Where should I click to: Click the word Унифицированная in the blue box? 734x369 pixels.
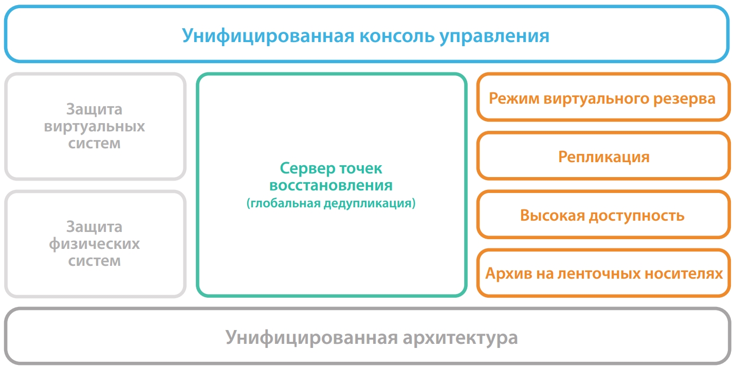268,35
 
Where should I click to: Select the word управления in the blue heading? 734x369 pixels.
494,36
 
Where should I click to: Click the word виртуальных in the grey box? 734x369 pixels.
95,127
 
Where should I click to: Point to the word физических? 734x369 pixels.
95,244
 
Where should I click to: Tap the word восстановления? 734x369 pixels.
331,185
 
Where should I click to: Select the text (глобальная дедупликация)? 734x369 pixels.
331,203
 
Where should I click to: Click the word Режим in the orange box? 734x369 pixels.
514,99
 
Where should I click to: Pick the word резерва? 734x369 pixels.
684,99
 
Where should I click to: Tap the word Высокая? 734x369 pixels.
553,216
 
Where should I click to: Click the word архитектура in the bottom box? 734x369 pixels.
460,338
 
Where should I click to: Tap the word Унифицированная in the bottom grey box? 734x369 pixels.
311,337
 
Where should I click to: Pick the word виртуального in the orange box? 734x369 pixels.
596,99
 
